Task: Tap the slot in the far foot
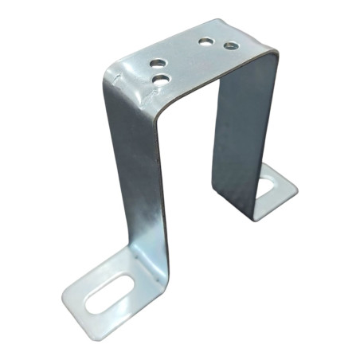(x=264, y=187)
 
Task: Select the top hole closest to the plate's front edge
(x=162, y=79)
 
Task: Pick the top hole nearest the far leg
(x=231, y=45)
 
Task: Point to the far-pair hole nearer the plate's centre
(x=206, y=41)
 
